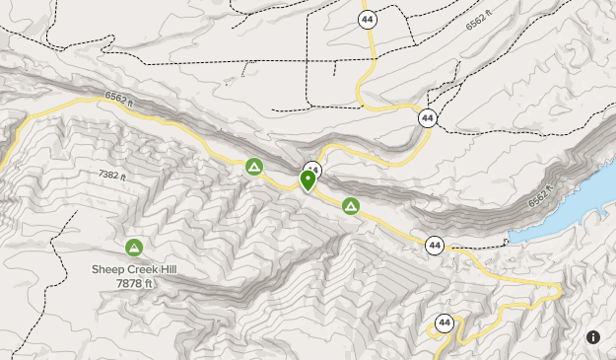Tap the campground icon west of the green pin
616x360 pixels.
click(254, 168)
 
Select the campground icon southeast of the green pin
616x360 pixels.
click(350, 205)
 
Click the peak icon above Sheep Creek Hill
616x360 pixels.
click(133, 247)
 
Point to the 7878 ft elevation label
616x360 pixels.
click(135, 283)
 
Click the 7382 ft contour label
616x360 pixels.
click(114, 175)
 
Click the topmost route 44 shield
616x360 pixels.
click(368, 19)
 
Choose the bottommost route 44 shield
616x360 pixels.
click(445, 323)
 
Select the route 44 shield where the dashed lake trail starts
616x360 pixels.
click(435, 245)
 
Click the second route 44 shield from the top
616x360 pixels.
click(427, 117)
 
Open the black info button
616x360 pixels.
click(593, 337)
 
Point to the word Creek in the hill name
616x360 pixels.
click(135, 268)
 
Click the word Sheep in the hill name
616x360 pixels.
click(105, 268)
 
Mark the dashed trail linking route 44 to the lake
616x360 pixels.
click(478, 243)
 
